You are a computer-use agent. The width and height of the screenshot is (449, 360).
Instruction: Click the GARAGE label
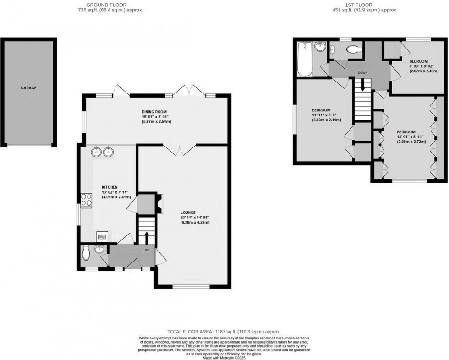point(28,87)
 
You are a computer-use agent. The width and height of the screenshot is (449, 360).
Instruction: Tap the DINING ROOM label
point(154,111)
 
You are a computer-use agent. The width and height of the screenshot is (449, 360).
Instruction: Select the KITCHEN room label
point(110,187)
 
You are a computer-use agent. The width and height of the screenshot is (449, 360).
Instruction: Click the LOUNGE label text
point(188,213)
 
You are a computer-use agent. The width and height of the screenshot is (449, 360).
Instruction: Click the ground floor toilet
point(86,251)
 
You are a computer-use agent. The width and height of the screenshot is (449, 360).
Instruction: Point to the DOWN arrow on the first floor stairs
point(362,85)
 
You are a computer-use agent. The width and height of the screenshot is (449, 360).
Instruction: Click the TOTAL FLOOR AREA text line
point(224,331)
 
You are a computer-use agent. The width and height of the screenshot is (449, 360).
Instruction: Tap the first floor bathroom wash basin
point(320,47)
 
